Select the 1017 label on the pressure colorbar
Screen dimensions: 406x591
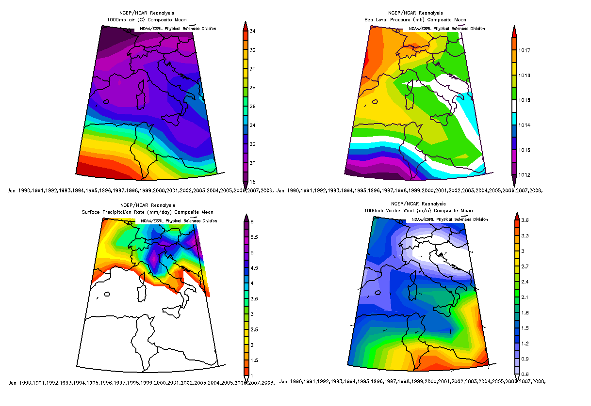coord(524,50)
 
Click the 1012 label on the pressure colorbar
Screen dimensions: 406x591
coord(524,175)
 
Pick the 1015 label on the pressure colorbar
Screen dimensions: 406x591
coord(524,100)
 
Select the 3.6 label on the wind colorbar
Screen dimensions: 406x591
coord(524,220)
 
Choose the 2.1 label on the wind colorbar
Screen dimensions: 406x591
coord(524,297)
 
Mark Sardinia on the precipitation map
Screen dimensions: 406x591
coord(143,294)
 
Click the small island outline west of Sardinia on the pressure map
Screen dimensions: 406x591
coord(374,102)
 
